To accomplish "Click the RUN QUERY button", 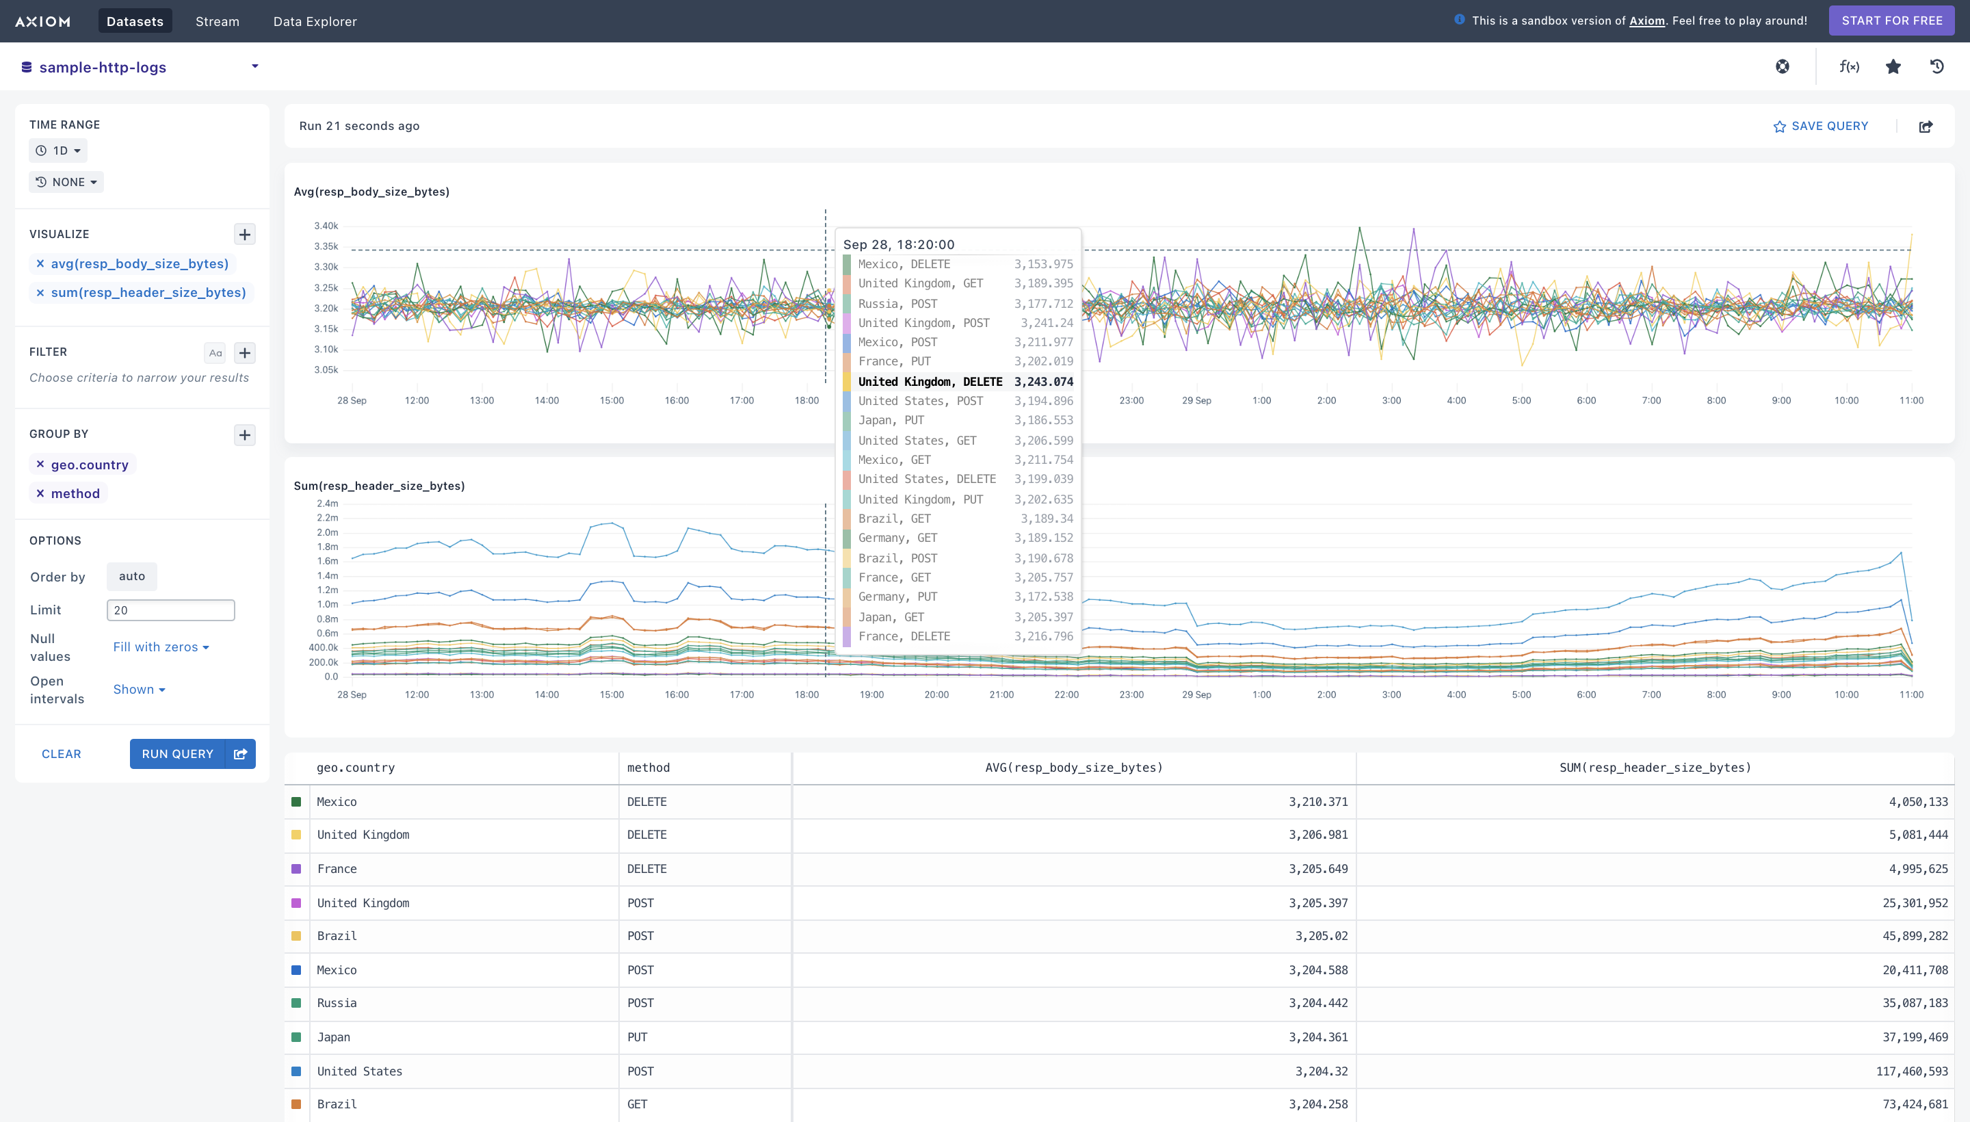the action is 177,754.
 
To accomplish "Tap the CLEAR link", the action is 61,754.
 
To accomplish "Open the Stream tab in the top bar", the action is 218,21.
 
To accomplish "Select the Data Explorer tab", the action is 315,21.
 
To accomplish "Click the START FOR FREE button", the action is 1891,21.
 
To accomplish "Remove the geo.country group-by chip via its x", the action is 40,464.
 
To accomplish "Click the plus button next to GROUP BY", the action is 244,434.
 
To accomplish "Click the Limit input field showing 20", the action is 170,610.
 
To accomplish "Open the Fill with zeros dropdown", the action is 161,647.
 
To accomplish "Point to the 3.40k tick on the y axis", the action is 326,226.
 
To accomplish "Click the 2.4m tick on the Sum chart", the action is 328,504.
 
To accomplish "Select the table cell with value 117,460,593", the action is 1911,1071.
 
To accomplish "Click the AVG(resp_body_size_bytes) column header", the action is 1074,768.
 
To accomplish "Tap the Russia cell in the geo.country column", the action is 337,1002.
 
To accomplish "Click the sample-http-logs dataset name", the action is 103,67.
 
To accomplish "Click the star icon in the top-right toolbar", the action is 1893,67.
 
